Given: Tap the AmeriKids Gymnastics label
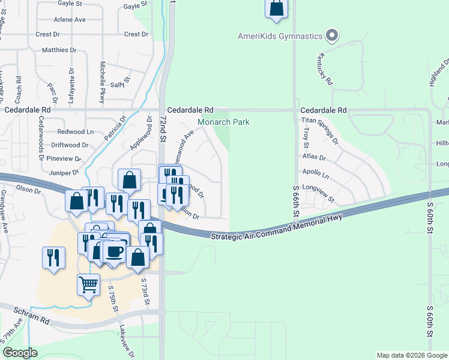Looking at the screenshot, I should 280,37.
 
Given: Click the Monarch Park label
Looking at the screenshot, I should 224,122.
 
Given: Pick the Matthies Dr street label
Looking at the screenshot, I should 59,50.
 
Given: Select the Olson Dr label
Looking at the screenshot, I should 28,190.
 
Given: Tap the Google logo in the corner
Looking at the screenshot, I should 20,353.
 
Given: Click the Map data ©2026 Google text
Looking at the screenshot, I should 411,355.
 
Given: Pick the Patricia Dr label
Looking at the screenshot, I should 115,128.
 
